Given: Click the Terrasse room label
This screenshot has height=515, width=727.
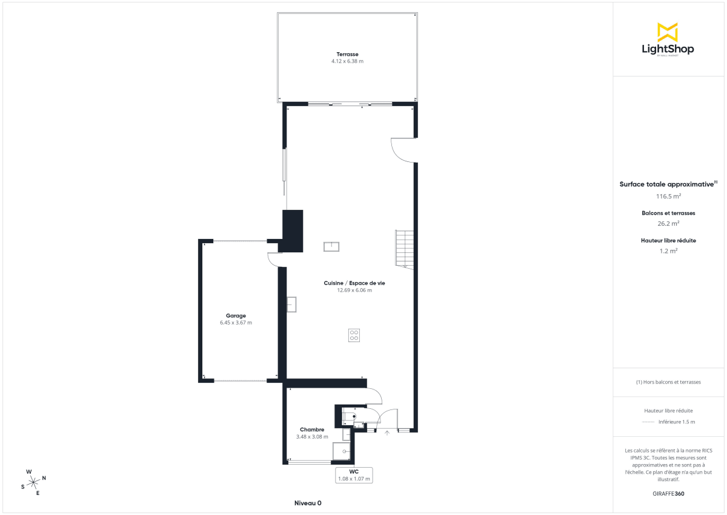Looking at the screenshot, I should point(347,54).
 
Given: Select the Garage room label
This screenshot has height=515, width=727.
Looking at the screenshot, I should point(236,315).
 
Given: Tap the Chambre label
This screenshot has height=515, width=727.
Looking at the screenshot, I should point(312,429).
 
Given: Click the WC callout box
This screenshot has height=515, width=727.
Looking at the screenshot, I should point(354,475).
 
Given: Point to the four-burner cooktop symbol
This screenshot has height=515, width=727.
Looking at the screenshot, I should point(354,335).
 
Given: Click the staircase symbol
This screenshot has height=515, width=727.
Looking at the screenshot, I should point(403,249).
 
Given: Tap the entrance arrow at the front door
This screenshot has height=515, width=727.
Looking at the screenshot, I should point(387,433).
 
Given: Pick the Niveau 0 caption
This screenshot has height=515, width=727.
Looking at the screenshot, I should point(308,503).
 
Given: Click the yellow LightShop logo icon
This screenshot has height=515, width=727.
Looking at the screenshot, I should point(668,32).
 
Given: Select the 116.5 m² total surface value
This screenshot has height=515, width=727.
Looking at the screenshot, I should point(668,196).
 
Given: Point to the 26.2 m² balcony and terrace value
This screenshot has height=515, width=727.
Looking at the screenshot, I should point(668,223).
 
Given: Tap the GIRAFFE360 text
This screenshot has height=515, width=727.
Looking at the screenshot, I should point(668,494).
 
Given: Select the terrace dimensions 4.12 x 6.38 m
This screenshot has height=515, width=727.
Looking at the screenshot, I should point(347,61).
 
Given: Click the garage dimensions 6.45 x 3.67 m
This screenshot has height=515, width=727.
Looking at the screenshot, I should point(236,323).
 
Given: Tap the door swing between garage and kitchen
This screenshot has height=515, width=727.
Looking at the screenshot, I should point(273,260).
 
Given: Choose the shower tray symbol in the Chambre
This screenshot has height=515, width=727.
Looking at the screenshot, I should point(342,452).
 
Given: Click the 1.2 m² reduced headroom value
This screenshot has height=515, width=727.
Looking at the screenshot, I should point(668,250).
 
